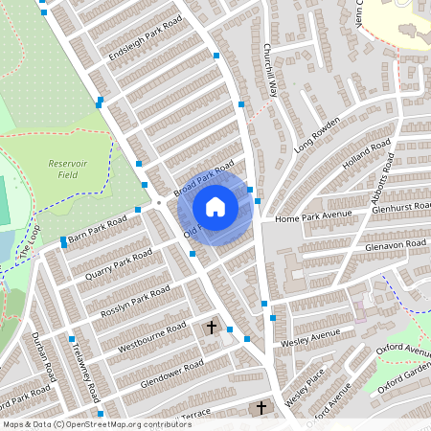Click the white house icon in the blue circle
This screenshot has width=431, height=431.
(215, 206)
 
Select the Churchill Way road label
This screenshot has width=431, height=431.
(271, 71)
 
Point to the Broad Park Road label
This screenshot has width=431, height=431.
(204, 180)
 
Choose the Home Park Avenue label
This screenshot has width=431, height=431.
(307, 217)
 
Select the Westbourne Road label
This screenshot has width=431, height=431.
(150, 334)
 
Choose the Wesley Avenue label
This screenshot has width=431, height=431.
(310, 337)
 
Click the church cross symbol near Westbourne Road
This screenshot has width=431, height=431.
(212, 328)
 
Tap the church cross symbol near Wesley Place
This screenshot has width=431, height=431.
(261, 409)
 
